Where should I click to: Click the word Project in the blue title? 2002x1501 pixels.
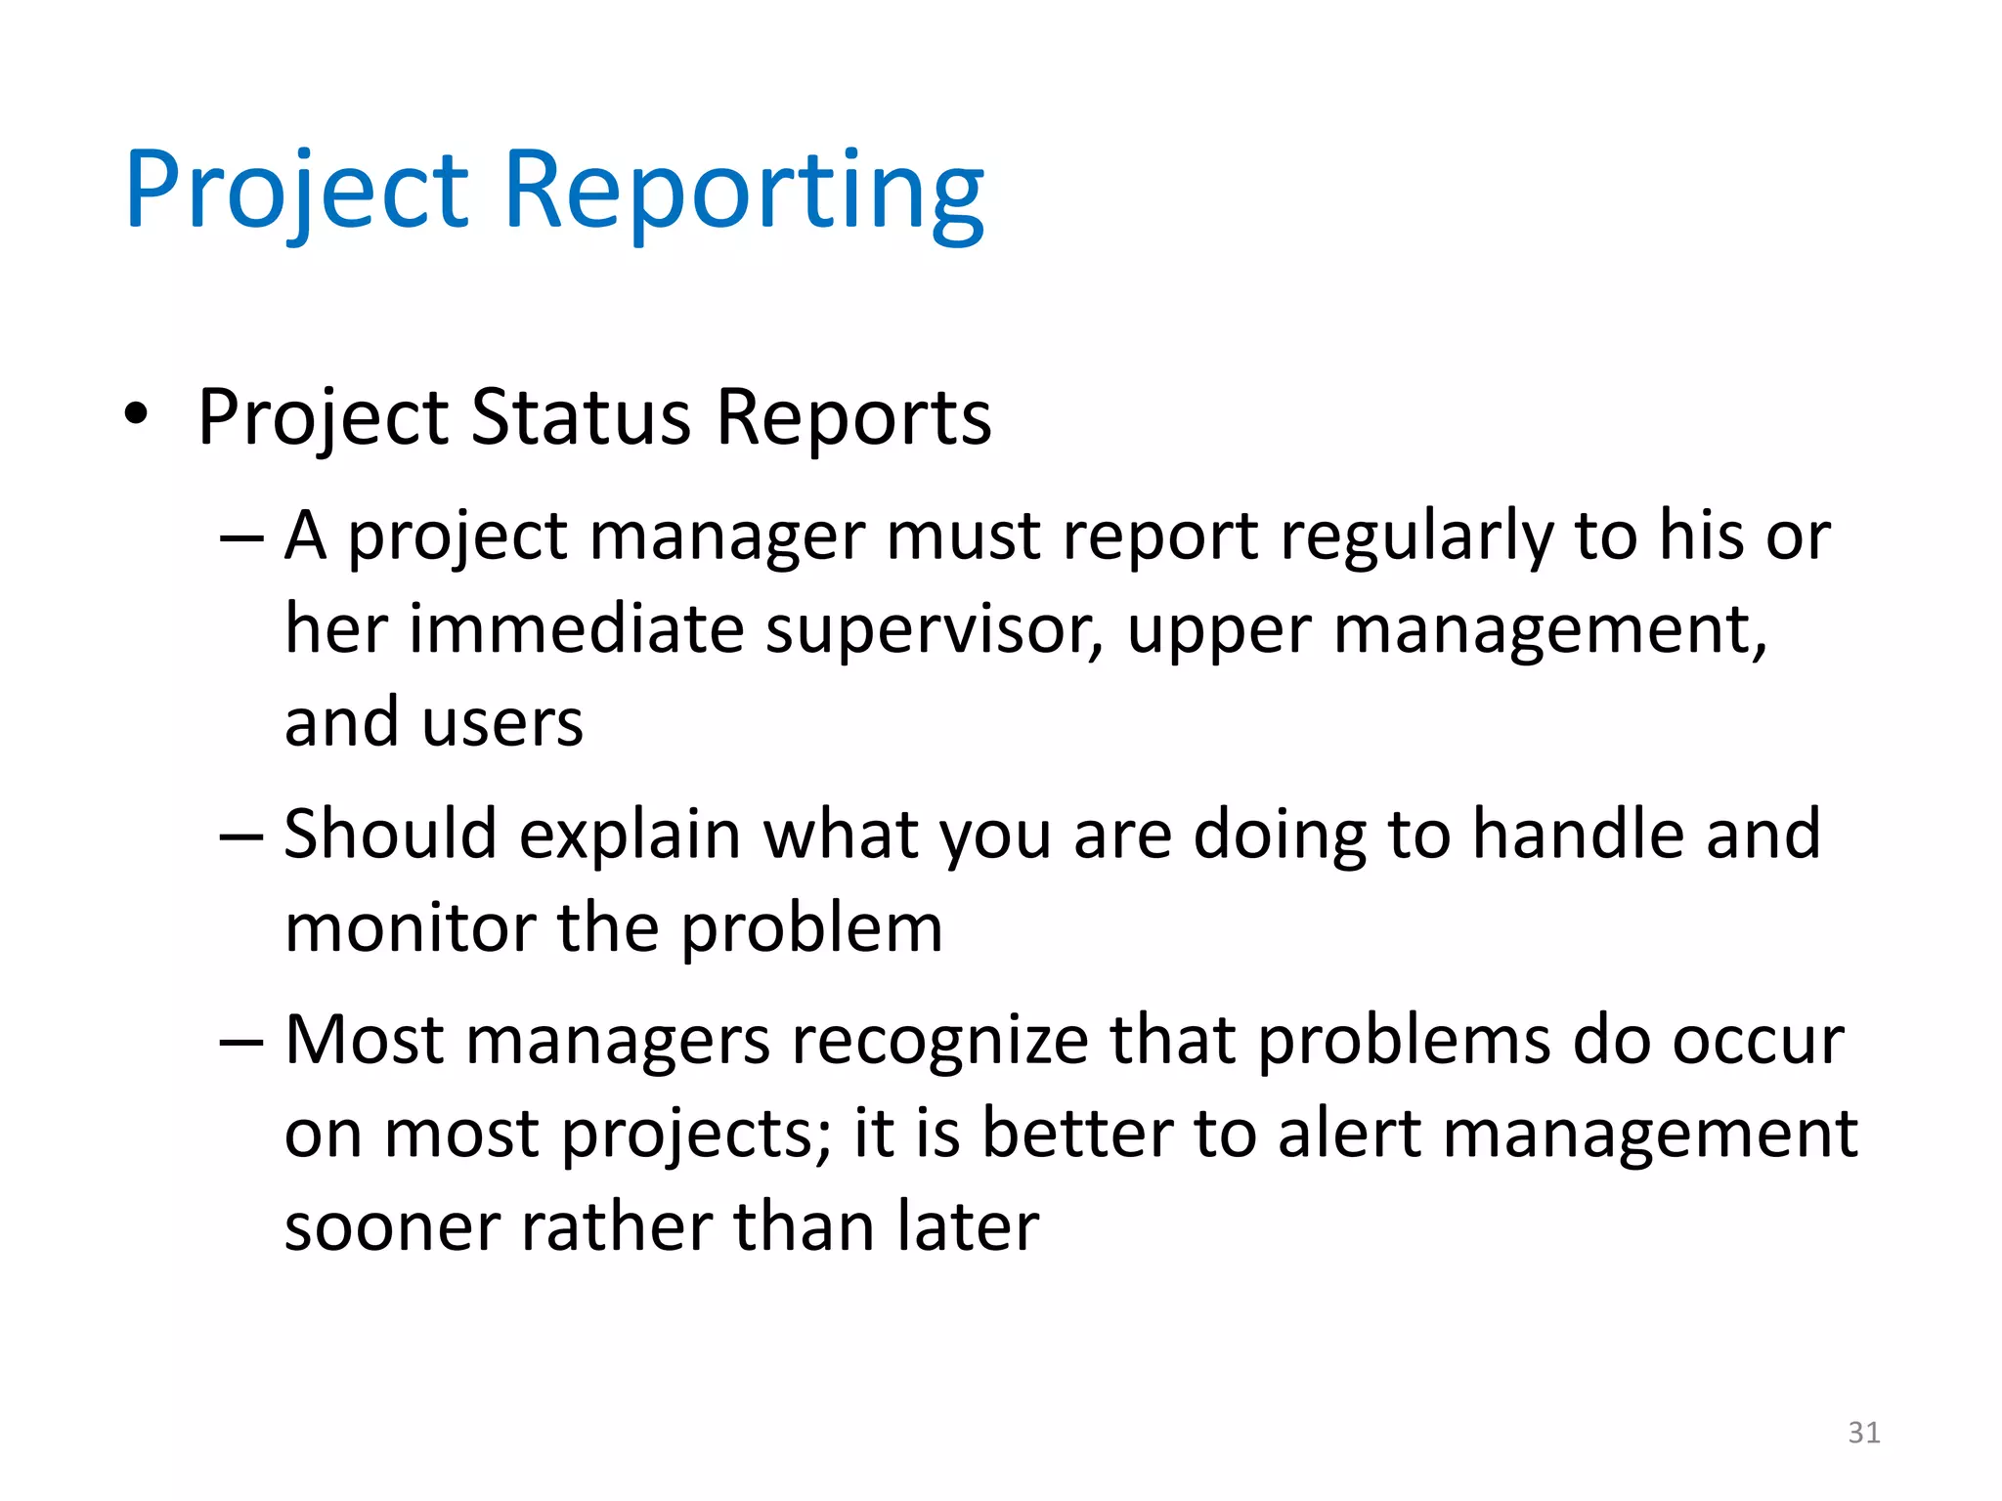pos(297,191)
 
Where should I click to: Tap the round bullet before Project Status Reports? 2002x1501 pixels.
pos(136,414)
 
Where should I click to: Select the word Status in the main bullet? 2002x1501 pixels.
pos(581,417)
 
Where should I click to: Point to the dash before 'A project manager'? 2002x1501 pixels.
pos(241,538)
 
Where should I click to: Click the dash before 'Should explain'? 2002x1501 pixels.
pos(241,836)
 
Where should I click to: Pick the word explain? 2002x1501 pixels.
pos(630,836)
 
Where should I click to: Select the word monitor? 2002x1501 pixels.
pos(409,927)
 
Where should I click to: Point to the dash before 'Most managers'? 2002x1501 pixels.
pos(241,1042)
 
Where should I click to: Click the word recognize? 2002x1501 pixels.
pos(939,1042)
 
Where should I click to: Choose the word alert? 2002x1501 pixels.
pos(1348,1134)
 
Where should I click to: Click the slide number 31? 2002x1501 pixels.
pos(1864,1433)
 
